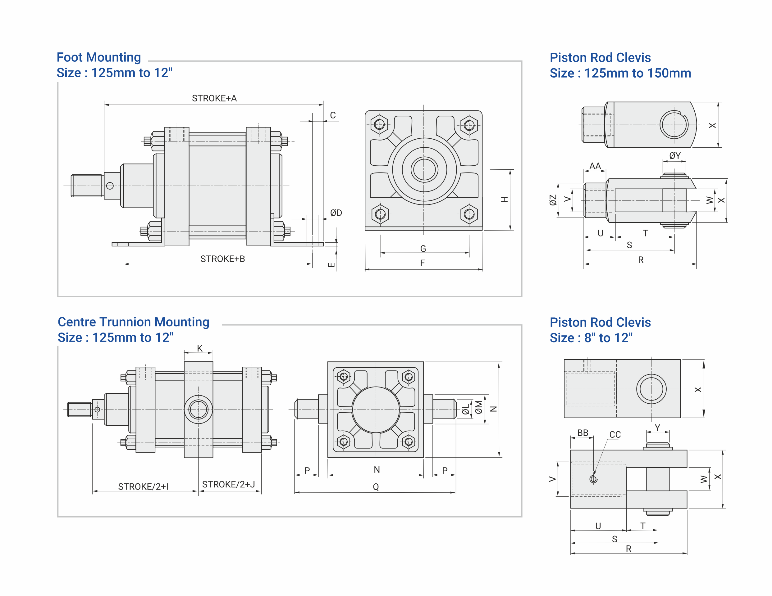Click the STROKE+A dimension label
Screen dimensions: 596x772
pyautogui.click(x=214, y=98)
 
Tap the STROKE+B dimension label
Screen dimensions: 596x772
pyautogui.click(x=222, y=259)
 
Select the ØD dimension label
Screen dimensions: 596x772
pyautogui.click(x=336, y=213)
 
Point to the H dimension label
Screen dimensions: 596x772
pyautogui.click(x=505, y=199)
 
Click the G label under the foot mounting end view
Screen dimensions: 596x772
pyautogui.click(x=423, y=249)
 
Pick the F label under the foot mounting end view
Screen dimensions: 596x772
pyautogui.click(x=423, y=263)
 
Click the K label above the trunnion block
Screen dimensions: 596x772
pyautogui.click(x=200, y=348)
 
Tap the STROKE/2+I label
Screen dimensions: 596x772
pyautogui.click(x=143, y=486)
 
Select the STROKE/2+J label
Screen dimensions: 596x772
pyautogui.click(x=228, y=484)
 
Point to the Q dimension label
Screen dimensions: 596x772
pyautogui.click(x=376, y=486)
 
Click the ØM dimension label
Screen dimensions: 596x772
pyautogui.click(x=479, y=407)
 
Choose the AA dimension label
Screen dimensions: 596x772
pyautogui.click(x=595, y=166)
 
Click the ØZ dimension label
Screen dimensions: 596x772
pyautogui.click(x=553, y=200)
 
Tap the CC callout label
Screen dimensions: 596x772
pyautogui.click(x=615, y=435)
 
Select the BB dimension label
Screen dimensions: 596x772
pyautogui.click(x=582, y=433)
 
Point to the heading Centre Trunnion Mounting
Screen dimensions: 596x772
pyautogui.click(x=133, y=322)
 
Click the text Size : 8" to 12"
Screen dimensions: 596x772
pyautogui.click(x=591, y=338)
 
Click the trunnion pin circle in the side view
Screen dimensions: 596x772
pyautogui.click(x=198, y=409)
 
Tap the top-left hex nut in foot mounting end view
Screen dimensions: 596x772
pyautogui.click(x=379, y=124)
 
